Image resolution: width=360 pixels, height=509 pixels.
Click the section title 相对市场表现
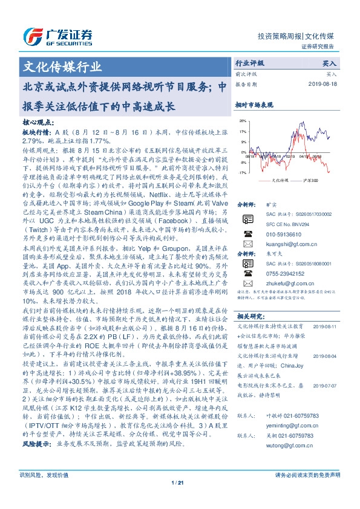point(254,105)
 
